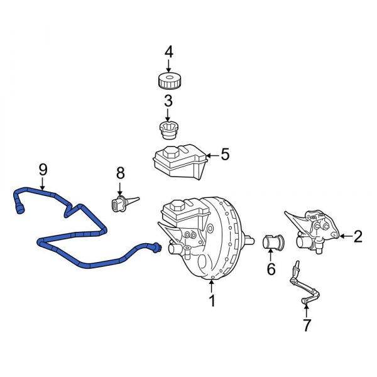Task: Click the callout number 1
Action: [212, 301]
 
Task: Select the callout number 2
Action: [358, 236]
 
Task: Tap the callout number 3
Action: [168, 101]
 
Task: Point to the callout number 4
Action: [168, 52]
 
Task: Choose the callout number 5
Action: [226, 154]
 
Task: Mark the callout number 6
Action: [271, 269]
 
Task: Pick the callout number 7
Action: [306, 325]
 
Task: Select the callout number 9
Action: [43, 168]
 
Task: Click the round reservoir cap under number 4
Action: [168, 81]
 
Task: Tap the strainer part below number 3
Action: [168, 131]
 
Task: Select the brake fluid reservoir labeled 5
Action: [179, 162]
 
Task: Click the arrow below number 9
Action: [43, 184]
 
